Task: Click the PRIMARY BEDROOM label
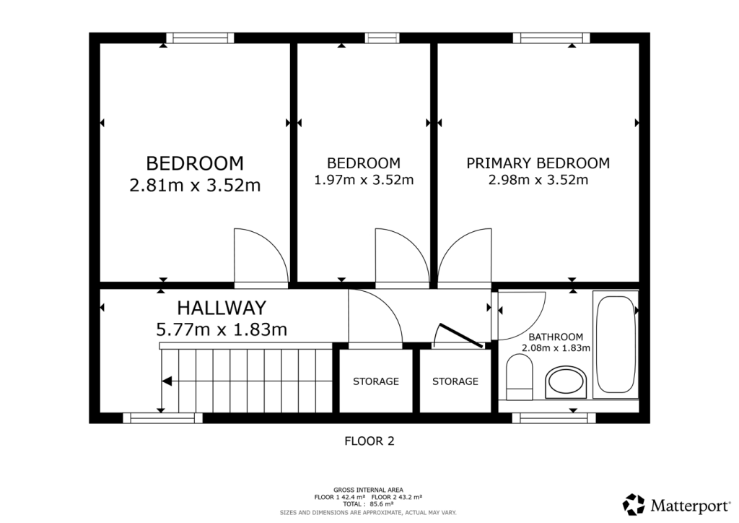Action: (x=538, y=163)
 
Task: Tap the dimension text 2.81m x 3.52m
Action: (x=195, y=186)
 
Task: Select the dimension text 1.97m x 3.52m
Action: (x=364, y=180)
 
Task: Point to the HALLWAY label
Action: (x=222, y=308)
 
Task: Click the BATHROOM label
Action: (x=556, y=337)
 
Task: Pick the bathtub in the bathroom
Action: (x=615, y=345)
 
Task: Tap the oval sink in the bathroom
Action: (x=567, y=382)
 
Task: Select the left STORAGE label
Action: (x=375, y=381)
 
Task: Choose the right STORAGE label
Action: (x=455, y=381)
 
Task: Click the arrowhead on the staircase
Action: (x=167, y=381)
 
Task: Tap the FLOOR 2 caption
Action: (x=369, y=440)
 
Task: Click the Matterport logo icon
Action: (x=634, y=503)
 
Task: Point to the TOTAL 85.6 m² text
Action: (x=368, y=504)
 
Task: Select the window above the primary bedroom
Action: (x=551, y=38)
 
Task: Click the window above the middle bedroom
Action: (x=382, y=38)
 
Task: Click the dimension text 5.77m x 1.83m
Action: (x=222, y=330)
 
